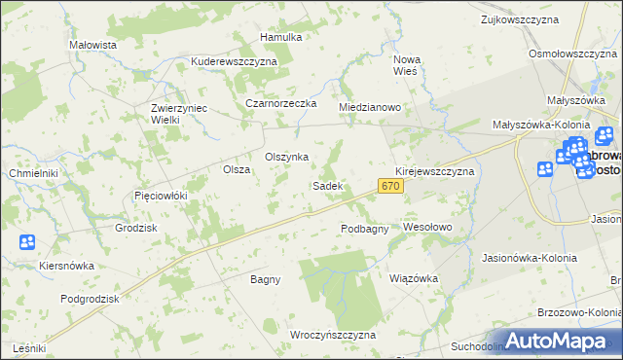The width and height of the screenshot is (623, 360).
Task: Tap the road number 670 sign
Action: point(390,186)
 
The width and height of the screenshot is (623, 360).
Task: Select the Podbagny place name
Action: point(365,229)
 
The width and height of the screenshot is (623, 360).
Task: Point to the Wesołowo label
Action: point(428,228)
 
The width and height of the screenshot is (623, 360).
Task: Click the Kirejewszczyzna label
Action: point(434,171)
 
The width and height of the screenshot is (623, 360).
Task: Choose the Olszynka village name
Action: point(287,157)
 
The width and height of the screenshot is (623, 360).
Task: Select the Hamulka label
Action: point(281,37)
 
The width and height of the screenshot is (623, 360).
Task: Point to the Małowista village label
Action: point(93,45)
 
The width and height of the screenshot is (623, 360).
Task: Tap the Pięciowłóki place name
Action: point(160,196)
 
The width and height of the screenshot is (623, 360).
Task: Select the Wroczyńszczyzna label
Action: point(333,335)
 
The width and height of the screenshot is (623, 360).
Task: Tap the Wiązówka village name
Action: point(414,277)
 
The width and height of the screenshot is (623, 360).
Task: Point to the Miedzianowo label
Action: point(370,107)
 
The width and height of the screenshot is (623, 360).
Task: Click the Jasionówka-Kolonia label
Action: point(530,258)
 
